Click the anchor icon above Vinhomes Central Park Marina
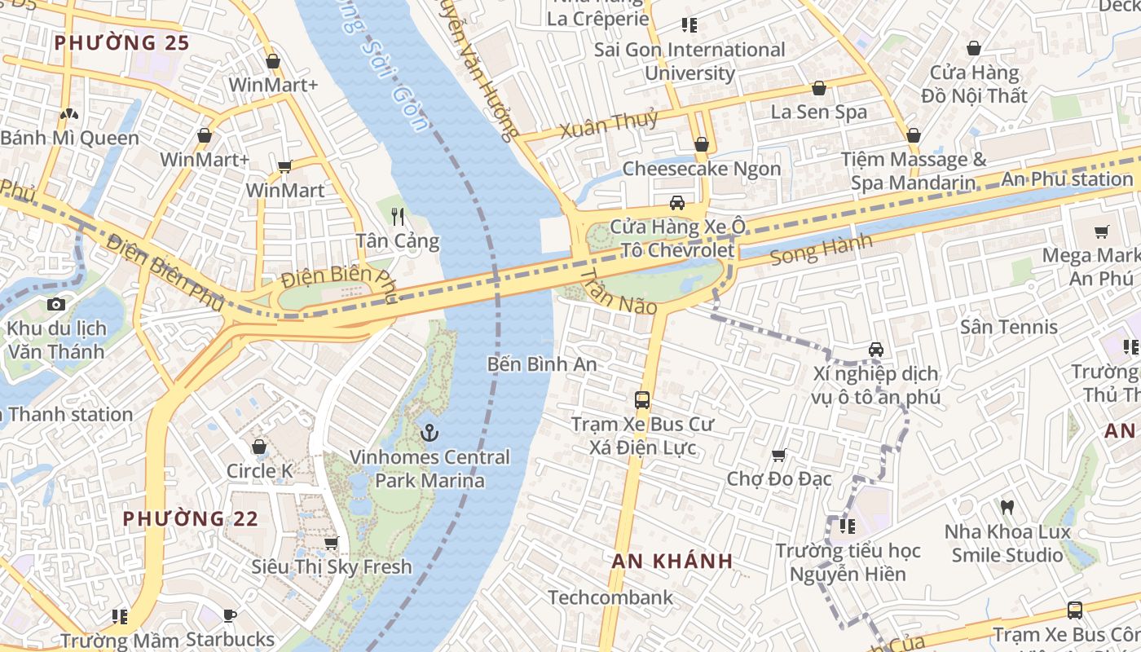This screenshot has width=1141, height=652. tap(430, 433)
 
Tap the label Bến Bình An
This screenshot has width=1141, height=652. tap(542, 364)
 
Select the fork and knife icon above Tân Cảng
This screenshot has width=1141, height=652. tap(398, 216)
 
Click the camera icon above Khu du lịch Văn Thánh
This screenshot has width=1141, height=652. tap(55, 304)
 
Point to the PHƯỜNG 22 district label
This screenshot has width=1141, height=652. tap(191, 518)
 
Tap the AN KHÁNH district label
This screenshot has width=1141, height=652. tap(672, 561)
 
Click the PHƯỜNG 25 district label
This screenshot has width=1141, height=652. tap(121, 42)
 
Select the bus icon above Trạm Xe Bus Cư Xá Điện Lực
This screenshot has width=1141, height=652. tap(642, 400)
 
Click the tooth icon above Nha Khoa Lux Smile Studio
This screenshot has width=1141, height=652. tap(1007, 507)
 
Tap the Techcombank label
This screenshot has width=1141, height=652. tap(610, 597)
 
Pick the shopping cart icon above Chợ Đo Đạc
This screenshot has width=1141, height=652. tap(779, 455)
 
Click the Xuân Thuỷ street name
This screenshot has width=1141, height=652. tap(608, 126)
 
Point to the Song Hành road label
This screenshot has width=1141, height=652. tap(821, 249)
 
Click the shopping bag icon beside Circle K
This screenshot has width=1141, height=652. tap(259, 447)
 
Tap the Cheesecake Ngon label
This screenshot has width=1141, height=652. tap(701, 169)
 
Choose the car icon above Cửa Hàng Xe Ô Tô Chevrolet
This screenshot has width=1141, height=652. tap(676, 203)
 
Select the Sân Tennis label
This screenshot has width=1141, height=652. tap(1008, 327)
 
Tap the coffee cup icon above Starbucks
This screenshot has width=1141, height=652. tap(230, 615)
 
